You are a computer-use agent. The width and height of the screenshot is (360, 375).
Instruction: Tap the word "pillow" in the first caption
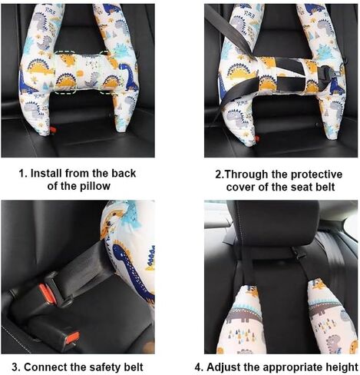95,186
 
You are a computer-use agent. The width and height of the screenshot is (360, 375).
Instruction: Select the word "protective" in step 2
316,174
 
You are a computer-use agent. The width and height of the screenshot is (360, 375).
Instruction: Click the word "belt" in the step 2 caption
325,187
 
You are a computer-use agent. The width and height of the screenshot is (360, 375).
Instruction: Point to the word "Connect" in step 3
45,367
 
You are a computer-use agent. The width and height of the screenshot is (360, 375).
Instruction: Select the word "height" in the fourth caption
342,367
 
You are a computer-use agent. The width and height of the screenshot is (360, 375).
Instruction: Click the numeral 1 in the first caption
22,174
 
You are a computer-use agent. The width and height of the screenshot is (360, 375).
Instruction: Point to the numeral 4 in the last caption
198,367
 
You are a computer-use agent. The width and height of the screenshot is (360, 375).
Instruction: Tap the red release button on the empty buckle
72,338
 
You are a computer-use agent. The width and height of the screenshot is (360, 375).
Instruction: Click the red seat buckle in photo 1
53,130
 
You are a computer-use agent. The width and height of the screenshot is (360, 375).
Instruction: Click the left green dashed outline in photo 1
65,72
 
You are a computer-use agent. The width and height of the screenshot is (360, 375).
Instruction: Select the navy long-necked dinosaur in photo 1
129,76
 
